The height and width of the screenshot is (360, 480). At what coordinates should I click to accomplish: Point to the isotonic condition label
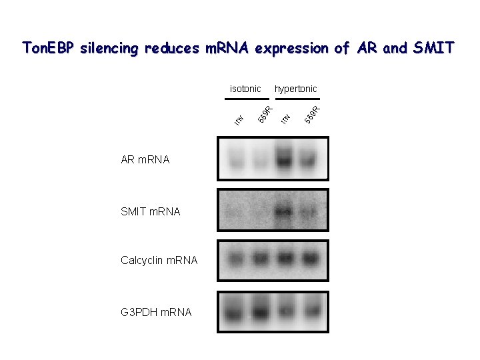pyautogui.click(x=245, y=89)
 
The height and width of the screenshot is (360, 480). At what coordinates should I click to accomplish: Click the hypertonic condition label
pyautogui.click(x=296, y=89)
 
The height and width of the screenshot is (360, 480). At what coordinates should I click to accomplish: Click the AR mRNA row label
pyautogui.click(x=145, y=160)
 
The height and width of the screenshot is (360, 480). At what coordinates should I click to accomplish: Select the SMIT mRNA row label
pyautogui.click(x=151, y=212)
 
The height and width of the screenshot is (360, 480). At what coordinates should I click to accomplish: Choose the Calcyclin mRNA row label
pyautogui.click(x=159, y=260)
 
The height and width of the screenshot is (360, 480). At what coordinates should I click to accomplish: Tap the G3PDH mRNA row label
pyautogui.click(x=156, y=311)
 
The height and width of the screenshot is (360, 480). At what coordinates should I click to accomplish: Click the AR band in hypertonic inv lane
pyautogui.click(x=285, y=159)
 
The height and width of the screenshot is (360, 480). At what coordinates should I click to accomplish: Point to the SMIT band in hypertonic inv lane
pyautogui.click(x=284, y=213)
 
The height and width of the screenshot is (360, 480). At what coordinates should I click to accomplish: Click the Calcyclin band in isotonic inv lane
pyautogui.click(x=236, y=257)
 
